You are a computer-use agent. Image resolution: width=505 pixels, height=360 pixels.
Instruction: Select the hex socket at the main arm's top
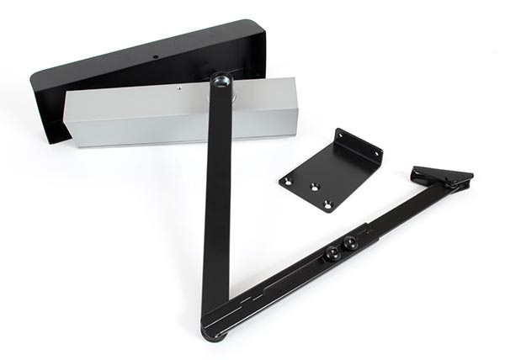[221, 80]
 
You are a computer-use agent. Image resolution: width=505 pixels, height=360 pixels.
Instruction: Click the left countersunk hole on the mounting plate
[288, 180]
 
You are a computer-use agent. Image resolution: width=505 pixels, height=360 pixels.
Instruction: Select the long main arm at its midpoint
[216, 202]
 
